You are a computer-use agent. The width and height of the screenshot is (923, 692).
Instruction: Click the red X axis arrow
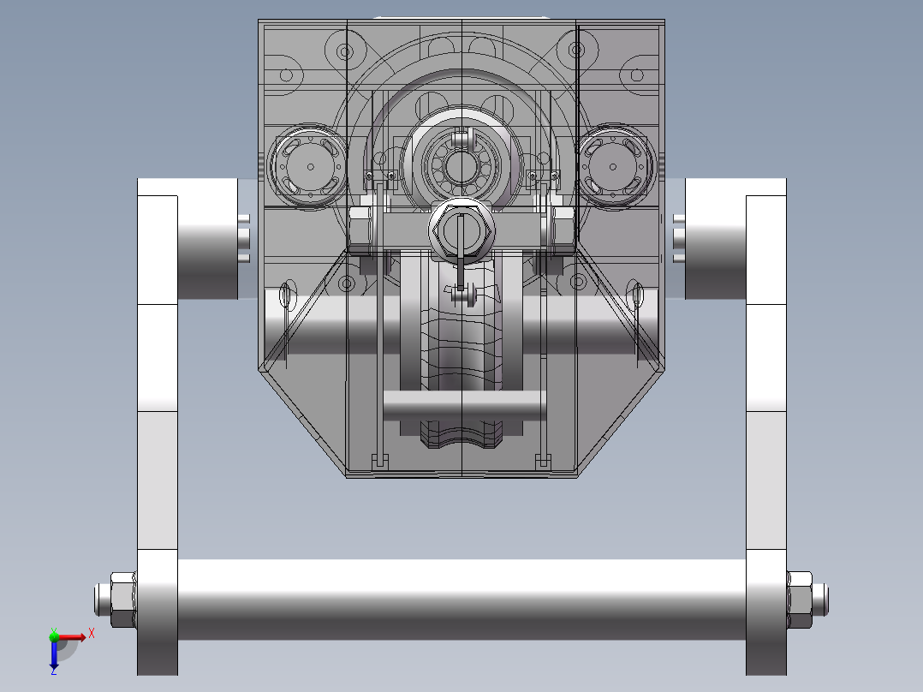(70, 637)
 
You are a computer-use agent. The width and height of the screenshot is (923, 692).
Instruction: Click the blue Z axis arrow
(54, 655)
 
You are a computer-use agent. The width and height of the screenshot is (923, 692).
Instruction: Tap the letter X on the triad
(92, 634)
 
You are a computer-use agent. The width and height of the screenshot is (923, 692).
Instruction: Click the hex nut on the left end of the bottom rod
(123, 600)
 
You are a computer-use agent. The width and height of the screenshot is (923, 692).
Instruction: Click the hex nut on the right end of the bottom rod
(800, 600)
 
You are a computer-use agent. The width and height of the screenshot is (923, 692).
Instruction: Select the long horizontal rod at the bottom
(461, 600)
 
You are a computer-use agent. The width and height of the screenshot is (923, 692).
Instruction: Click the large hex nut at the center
(461, 230)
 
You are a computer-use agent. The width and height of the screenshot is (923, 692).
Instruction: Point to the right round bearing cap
(614, 166)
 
